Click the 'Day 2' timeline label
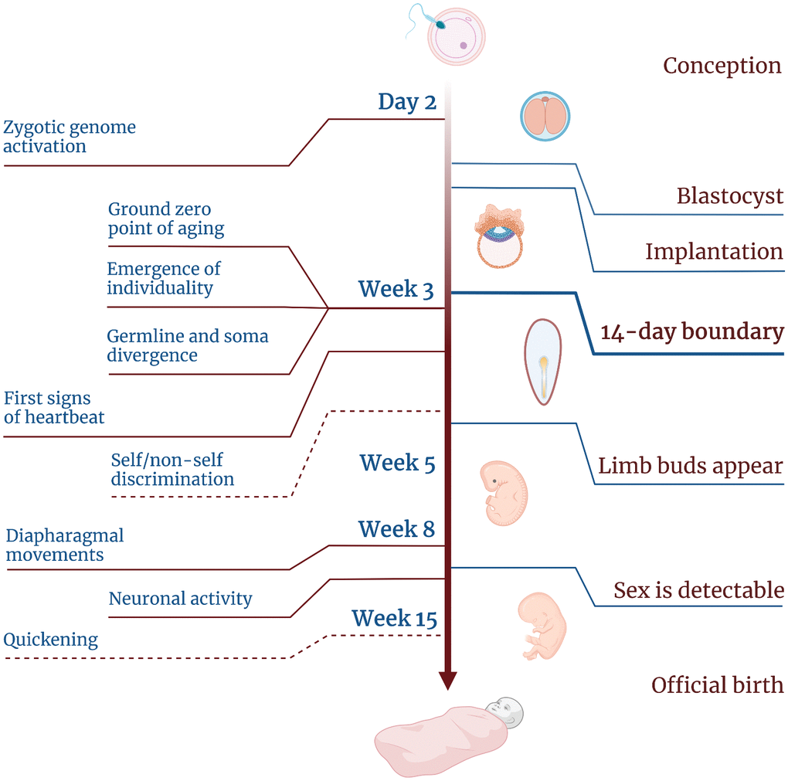point(407,102)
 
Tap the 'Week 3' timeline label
point(396,290)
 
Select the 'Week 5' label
point(397,464)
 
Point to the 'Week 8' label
point(396,530)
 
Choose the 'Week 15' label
point(394,619)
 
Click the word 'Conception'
point(722,66)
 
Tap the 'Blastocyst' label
point(730,196)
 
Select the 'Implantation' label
point(714,252)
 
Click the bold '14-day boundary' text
point(692,332)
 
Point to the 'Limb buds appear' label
point(691,467)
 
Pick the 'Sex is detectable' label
point(698,591)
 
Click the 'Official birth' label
point(717,685)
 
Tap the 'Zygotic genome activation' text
point(70,137)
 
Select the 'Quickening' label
point(51,640)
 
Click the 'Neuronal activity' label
point(180,599)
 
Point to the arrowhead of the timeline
point(447,680)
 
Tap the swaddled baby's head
point(504,711)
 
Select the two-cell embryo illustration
point(545,117)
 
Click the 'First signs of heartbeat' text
point(54,408)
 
